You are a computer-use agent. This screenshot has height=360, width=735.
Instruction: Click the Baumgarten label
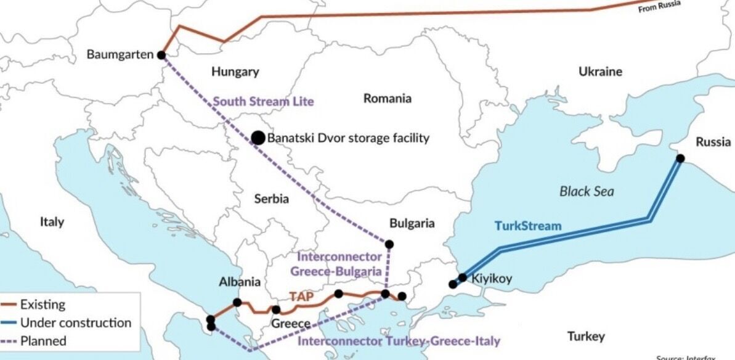click(120, 55)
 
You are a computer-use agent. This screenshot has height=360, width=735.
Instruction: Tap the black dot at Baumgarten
click(161, 55)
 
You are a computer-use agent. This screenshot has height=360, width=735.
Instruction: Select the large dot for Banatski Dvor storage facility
click(258, 138)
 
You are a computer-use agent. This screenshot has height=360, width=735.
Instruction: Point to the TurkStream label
click(528, 226)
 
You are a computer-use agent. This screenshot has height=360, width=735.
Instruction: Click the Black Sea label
click(587, 192)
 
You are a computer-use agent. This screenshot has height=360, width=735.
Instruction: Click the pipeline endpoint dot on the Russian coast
click(680, 158)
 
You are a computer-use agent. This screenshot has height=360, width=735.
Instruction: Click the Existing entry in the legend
click(43, 305)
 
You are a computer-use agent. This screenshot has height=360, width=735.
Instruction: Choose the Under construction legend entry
click(75, 323)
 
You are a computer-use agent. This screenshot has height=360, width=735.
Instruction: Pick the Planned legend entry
click(43, 341)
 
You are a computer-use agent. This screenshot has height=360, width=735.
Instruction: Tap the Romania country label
click(387, 99)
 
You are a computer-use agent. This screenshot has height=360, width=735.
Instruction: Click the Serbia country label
click(272, 199)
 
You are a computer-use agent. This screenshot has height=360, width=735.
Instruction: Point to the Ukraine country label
click(600, 72)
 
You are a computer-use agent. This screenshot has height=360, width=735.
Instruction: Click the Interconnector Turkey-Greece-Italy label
click(399, 341)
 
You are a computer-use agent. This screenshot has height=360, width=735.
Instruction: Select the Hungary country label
click(235, 72)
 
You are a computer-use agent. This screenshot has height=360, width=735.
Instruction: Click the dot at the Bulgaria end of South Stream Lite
click(389, 244)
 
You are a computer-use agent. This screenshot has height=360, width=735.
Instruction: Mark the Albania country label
click(240, 282)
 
